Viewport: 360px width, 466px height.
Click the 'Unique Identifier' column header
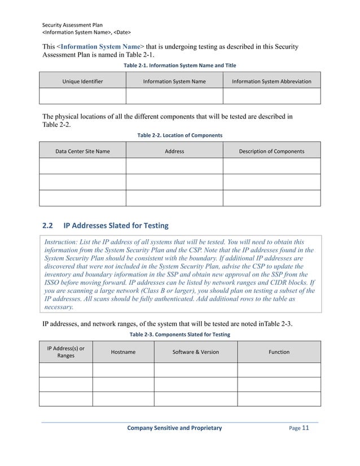tap(82, 82)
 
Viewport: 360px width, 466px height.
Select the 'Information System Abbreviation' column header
tap(271, 82)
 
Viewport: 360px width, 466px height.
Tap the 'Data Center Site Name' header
tap(82, 151)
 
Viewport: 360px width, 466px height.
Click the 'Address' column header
tap(174, 151)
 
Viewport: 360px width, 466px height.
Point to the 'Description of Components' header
tap(271, 151)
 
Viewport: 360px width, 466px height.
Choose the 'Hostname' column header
tap(123, 352)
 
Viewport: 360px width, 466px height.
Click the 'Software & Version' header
tap(195, 352)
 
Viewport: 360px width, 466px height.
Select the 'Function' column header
tap(279, 352)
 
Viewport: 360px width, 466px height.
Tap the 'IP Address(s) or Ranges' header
tap(65, 352)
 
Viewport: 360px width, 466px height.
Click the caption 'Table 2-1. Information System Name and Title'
tap(179, 65)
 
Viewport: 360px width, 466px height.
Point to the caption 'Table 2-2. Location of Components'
tap(179, 135)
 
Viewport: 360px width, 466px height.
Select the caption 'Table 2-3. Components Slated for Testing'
tap(179, 335)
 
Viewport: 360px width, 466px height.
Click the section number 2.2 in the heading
tap(48, 226)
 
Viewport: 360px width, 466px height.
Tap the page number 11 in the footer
tap(306, 428)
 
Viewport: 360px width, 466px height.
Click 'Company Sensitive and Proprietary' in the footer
tap(174, 429)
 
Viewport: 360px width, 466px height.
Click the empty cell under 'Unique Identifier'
tap(82, 96)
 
